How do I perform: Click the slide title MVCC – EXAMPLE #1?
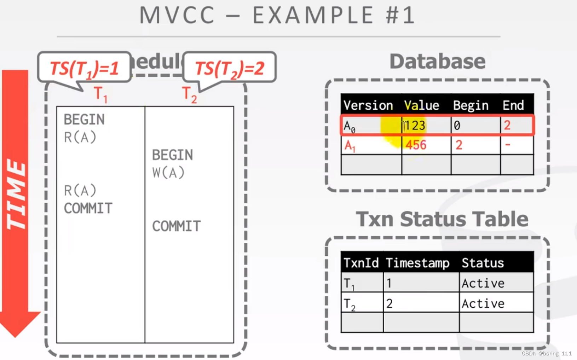277,16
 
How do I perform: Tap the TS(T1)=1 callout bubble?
84,68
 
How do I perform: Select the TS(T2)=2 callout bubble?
230,68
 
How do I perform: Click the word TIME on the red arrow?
16,194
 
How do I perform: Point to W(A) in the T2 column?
168,173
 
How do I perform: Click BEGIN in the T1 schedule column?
84,120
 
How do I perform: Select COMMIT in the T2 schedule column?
176,226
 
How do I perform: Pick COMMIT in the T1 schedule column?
88,208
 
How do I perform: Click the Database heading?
437,62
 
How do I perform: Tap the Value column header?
421,105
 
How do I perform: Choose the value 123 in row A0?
415,126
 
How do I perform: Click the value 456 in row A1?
416,145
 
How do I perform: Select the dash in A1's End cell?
508,145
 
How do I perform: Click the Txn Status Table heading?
442,219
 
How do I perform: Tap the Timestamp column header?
417,263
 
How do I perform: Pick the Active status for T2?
483,303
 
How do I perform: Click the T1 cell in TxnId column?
349,283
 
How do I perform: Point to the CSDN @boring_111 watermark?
547,353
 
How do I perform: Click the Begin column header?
471,105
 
